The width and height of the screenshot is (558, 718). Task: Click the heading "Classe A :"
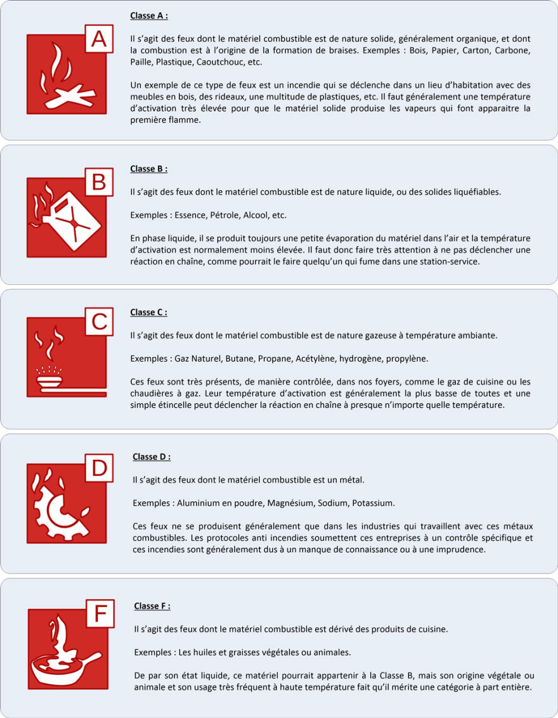149,15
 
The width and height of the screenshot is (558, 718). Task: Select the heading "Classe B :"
149,169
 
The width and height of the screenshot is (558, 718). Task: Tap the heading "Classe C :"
149,312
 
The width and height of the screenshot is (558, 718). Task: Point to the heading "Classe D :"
152,457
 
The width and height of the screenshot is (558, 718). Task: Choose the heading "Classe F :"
152,606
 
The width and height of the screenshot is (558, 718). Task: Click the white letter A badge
99,39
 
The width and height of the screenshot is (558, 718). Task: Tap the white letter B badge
99,183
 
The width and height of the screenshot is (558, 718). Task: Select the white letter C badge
99,322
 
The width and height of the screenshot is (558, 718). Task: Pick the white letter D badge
100,468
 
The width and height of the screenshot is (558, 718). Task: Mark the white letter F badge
100,614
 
